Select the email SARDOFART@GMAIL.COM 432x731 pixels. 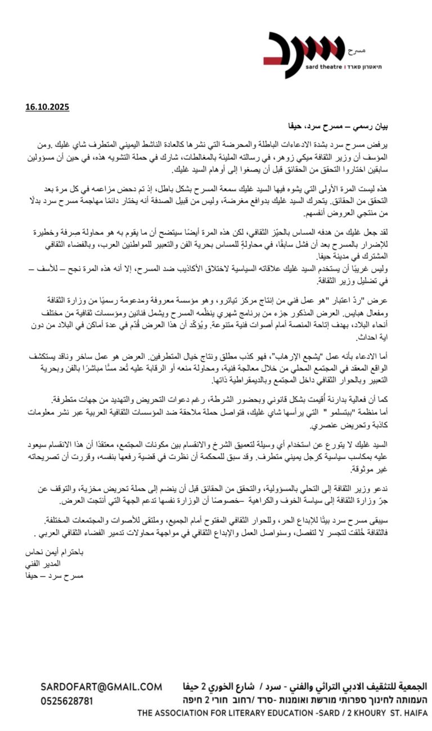point(101,687)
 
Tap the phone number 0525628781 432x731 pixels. point(67,701)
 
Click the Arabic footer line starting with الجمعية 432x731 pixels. point(304,687)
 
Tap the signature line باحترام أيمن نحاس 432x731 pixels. point(55,551)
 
